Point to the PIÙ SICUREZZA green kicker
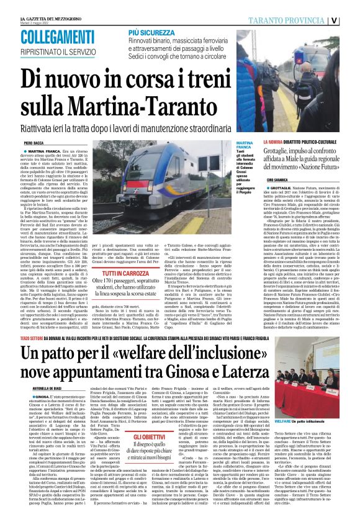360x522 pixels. tap(151, 30)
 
